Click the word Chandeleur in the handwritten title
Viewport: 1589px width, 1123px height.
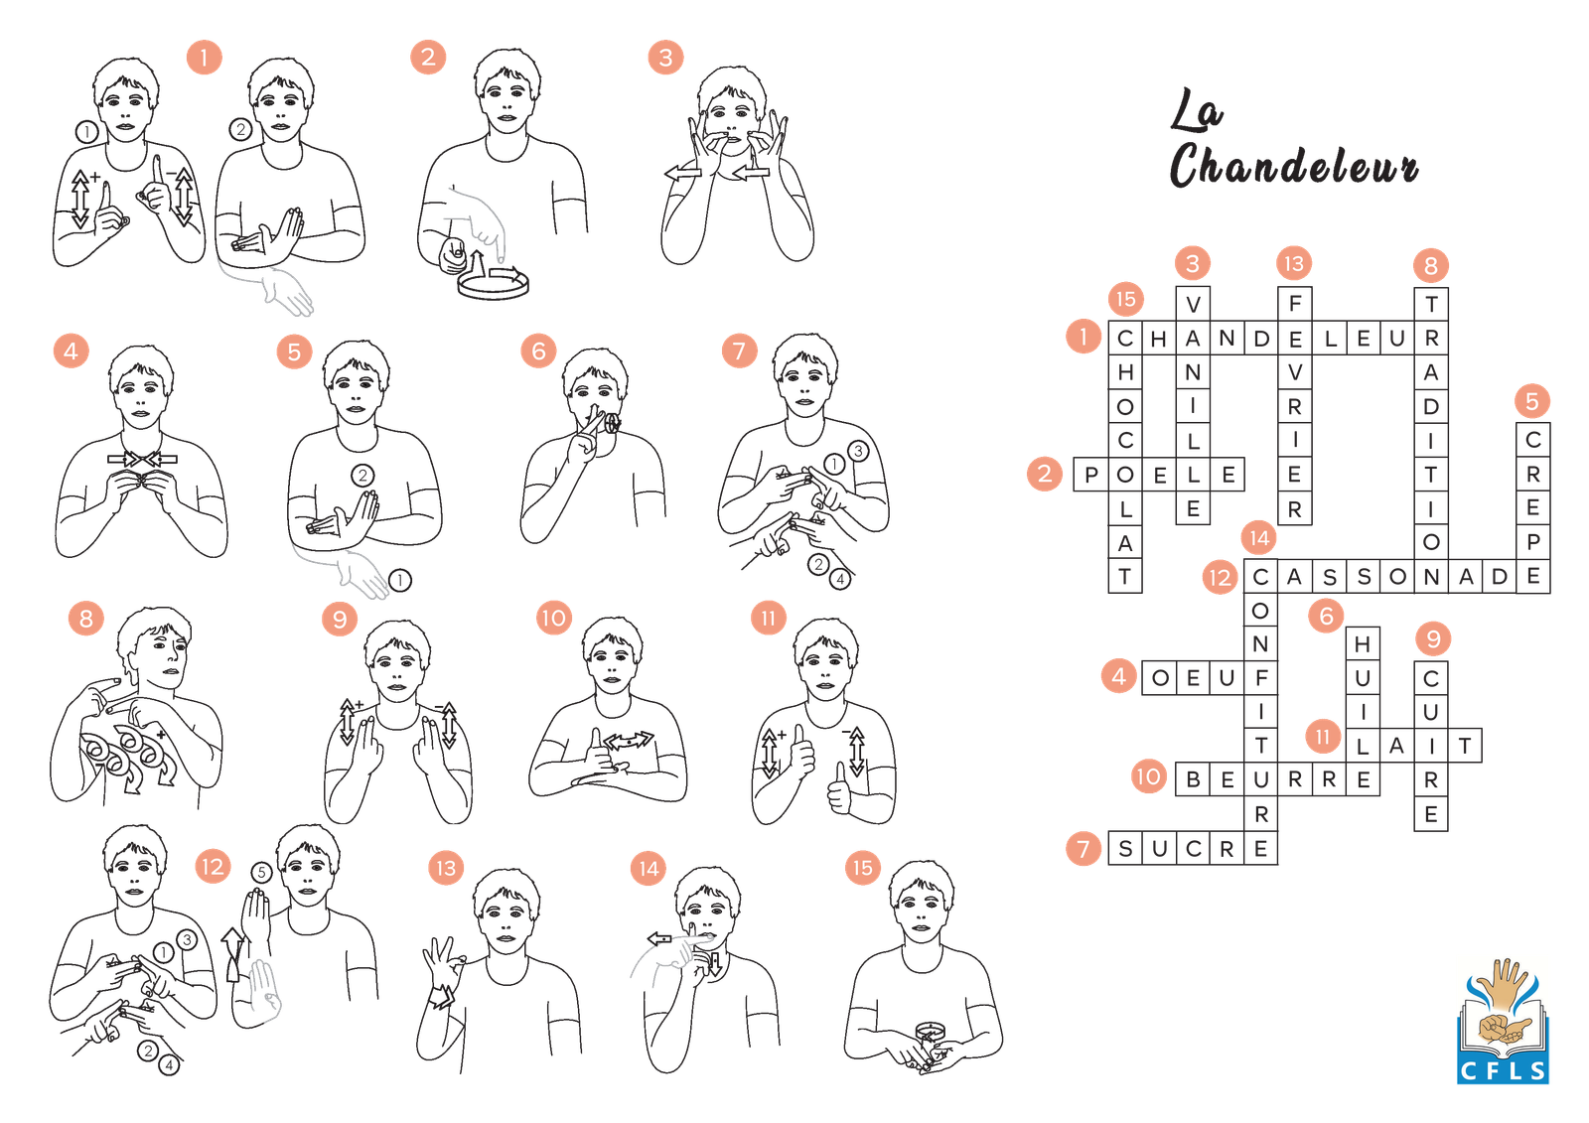coord(1293,165)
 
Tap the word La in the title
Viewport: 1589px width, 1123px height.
coord(1196,110)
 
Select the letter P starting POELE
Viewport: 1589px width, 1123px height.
coord(1091,475)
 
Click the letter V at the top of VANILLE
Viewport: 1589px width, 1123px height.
coord(1193,305)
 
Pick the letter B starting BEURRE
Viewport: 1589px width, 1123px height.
coord(1193,779)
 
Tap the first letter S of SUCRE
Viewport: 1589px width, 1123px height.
coord(1125,849)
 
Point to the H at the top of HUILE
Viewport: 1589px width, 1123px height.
coord(1362,644)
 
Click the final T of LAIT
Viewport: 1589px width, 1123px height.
coord(1465,746)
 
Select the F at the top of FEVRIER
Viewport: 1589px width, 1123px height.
coord(1295,304)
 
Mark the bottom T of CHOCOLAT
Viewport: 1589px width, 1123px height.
coord(1125,577)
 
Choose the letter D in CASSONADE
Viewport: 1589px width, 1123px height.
coord(1499,577)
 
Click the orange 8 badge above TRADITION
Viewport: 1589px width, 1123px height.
coord(1431,266)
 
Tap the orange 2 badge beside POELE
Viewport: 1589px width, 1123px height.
coord(1045,474)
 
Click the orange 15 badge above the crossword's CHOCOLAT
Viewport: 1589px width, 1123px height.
coord(1126,299)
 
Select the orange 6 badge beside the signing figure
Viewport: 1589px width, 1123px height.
coord(538,351)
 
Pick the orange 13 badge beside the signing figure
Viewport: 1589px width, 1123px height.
coord(446,868)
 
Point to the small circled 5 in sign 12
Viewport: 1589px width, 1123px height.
coord(262,873)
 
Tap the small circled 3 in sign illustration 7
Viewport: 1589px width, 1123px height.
coord(858,451)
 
